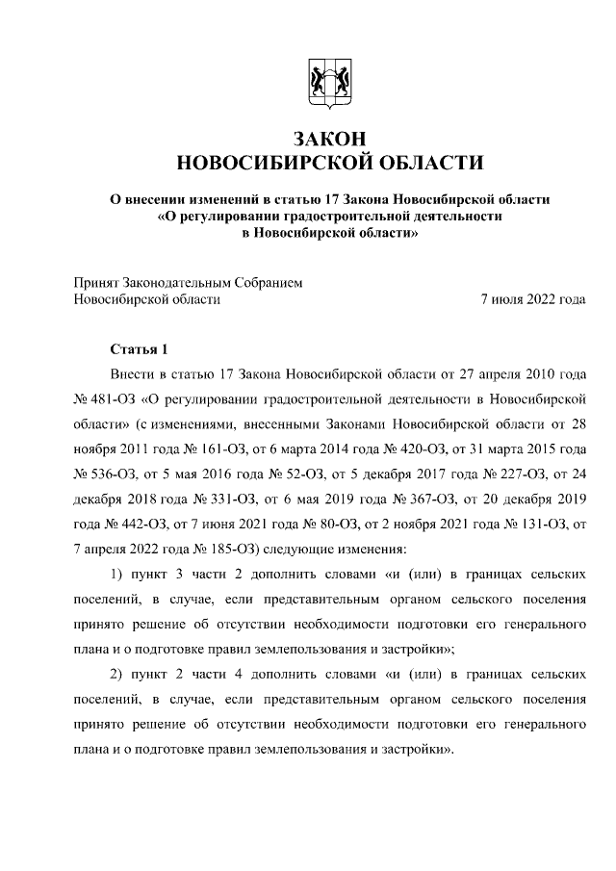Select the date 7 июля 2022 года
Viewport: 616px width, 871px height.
[533, 299]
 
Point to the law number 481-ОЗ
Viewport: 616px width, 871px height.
[112, 397]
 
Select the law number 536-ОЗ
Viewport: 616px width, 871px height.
[112, 473]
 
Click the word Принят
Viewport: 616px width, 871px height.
[96, 283]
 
